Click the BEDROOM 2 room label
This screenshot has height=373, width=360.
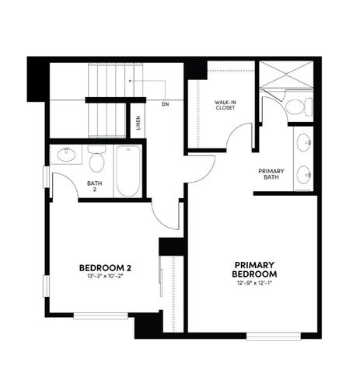(101, 268)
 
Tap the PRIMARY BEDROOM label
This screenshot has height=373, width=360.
(256, 269)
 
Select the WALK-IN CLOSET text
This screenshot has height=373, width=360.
(225, 105)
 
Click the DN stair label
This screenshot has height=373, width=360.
(165, 103)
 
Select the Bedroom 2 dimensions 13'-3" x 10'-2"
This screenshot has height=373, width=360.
(101, 277)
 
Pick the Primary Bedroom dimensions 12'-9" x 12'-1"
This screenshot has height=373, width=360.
(256, 283)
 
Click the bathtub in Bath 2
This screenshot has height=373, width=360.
(126, 173)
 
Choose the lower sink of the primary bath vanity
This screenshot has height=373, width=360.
(305, 177)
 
